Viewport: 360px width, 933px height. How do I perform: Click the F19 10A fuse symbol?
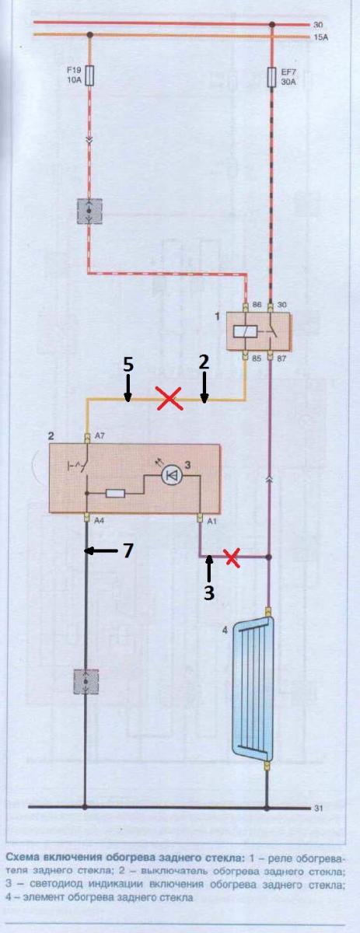89,75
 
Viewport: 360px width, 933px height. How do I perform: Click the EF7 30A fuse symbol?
271,77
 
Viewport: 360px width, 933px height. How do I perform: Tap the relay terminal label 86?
257,305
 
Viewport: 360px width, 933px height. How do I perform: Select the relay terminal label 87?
281,358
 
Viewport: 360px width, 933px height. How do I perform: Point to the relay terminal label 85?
257,358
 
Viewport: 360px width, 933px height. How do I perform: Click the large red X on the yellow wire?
169,398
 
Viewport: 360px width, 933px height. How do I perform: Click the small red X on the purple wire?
232,557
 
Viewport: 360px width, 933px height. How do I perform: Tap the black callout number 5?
128,365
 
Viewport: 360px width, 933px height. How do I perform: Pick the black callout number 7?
128,550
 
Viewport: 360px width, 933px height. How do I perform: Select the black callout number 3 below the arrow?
209,592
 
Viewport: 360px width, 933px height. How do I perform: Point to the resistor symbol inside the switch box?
115,494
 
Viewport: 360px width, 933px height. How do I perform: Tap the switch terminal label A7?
100,436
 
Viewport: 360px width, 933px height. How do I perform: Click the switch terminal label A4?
100,520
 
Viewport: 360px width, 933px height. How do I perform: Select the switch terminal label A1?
211,520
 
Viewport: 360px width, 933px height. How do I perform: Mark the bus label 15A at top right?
320,38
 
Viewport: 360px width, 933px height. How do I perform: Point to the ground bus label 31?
318,808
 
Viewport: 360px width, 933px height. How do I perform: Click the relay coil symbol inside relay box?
242,331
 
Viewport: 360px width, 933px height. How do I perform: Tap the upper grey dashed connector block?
89,211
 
